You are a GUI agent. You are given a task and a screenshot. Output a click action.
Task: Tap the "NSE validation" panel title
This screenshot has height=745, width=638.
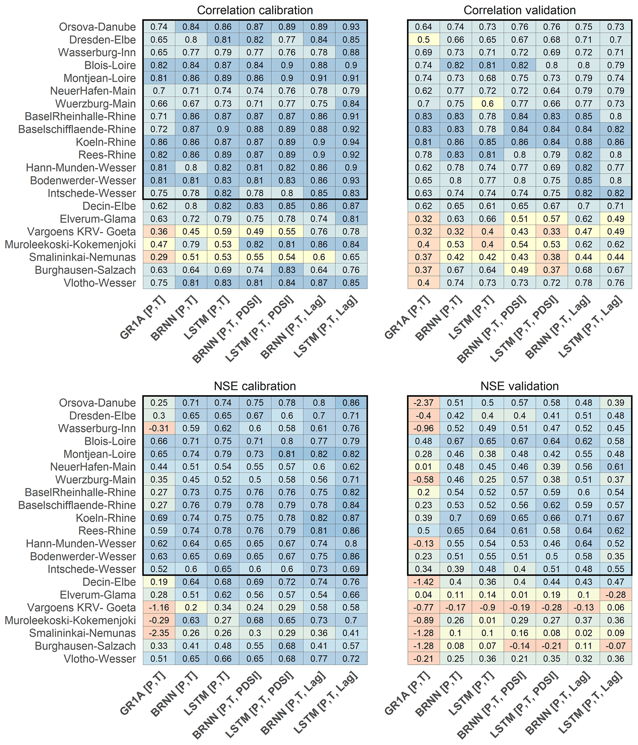tap(519, 386)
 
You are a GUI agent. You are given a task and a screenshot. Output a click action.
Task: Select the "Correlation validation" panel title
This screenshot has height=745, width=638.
tap(519, 10)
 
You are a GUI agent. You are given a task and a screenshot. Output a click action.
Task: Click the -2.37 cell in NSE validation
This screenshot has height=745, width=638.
tap(423, 403)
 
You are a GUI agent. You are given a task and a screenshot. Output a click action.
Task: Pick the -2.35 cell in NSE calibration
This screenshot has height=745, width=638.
tap(159, 633)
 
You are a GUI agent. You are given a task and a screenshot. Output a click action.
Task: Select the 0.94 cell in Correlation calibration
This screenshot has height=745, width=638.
tap(351, 142)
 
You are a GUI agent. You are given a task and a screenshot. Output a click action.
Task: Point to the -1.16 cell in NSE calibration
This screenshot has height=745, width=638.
tap(159, 607)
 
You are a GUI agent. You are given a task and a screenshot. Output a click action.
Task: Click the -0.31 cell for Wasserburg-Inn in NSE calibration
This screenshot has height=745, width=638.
tap(159, 428)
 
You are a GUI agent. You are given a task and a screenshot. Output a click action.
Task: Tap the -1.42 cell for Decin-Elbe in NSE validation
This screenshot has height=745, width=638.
tap(423, 582)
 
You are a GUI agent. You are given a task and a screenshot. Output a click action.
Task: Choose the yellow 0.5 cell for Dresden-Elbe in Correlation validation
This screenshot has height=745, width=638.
tap(423, 39)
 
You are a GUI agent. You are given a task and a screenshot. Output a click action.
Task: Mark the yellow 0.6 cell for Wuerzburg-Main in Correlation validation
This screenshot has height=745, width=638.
tap(488, 104)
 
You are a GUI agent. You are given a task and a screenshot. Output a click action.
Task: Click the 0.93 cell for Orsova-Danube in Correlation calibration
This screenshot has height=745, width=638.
tap(351, 27)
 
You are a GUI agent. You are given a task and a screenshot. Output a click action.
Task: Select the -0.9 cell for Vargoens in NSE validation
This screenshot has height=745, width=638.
tap(488, 607)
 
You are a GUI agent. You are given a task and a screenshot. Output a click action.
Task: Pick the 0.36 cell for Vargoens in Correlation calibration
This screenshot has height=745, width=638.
tap(159, 232)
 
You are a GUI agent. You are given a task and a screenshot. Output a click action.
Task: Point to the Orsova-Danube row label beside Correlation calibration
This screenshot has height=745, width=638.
tap(97, 27)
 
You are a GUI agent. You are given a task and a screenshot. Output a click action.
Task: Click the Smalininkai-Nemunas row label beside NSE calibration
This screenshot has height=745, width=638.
tap(82, 633)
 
